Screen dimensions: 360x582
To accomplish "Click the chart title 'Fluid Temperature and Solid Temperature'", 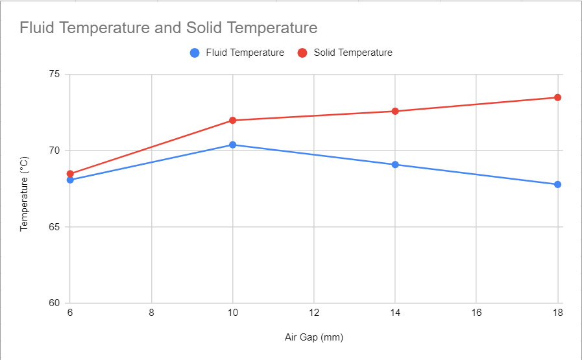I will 168,28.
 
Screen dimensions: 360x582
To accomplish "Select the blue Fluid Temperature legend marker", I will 194,53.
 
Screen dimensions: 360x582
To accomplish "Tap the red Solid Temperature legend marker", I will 302,53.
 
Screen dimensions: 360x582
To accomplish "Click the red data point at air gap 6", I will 70,174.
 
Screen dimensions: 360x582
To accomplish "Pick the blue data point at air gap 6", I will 70,180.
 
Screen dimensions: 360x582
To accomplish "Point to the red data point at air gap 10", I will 232,121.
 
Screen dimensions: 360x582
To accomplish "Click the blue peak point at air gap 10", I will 232,145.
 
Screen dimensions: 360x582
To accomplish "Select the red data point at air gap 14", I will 394,112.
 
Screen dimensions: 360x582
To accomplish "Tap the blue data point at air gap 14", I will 394,165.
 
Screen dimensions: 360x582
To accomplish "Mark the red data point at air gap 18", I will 557,97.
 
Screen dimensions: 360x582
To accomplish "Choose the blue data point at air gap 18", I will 557,184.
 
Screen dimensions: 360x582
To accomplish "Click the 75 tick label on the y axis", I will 54,75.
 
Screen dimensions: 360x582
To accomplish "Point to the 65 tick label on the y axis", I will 54,227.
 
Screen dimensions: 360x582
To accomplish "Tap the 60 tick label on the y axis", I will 54,303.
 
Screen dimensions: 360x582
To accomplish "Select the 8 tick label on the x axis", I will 151,313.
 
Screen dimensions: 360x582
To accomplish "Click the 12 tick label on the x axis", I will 314,313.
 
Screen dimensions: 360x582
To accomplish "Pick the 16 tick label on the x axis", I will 476,313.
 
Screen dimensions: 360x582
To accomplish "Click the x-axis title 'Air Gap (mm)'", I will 314,337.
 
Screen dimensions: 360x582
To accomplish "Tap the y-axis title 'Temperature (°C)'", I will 24,193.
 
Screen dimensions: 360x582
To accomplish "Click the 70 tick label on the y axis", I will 54,150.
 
